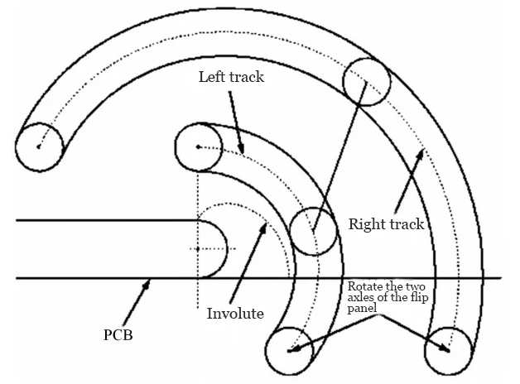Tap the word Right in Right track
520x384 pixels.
[365, 223]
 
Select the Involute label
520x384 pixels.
[235, 314]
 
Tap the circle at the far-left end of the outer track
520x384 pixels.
[39, 146]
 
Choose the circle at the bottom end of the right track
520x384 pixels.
[447, 350]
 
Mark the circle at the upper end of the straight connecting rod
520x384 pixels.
[366, 80]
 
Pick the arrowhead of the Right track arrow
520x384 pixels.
[422, 150]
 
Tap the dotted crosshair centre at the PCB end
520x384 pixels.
[199, 248]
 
